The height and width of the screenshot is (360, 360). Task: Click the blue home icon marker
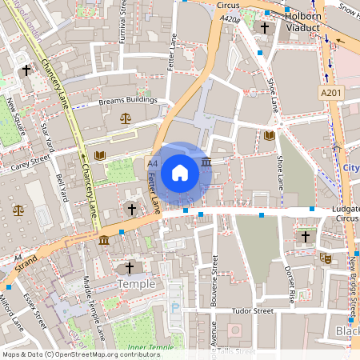click(x=180, y=172)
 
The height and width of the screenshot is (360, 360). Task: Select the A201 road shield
click(x=330, y=93)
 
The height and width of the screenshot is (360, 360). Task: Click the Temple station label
click(x=135, y=284)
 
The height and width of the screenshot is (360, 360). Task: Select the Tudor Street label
click(x=253, y=311)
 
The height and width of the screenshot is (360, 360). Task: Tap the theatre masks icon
click(x=325, y=258)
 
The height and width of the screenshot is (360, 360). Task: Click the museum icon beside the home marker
click(x=207, y=162)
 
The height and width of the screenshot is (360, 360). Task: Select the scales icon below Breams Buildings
click(x=126, y=118)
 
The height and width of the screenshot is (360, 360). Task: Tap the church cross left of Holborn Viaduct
click(x=265, y=28)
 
